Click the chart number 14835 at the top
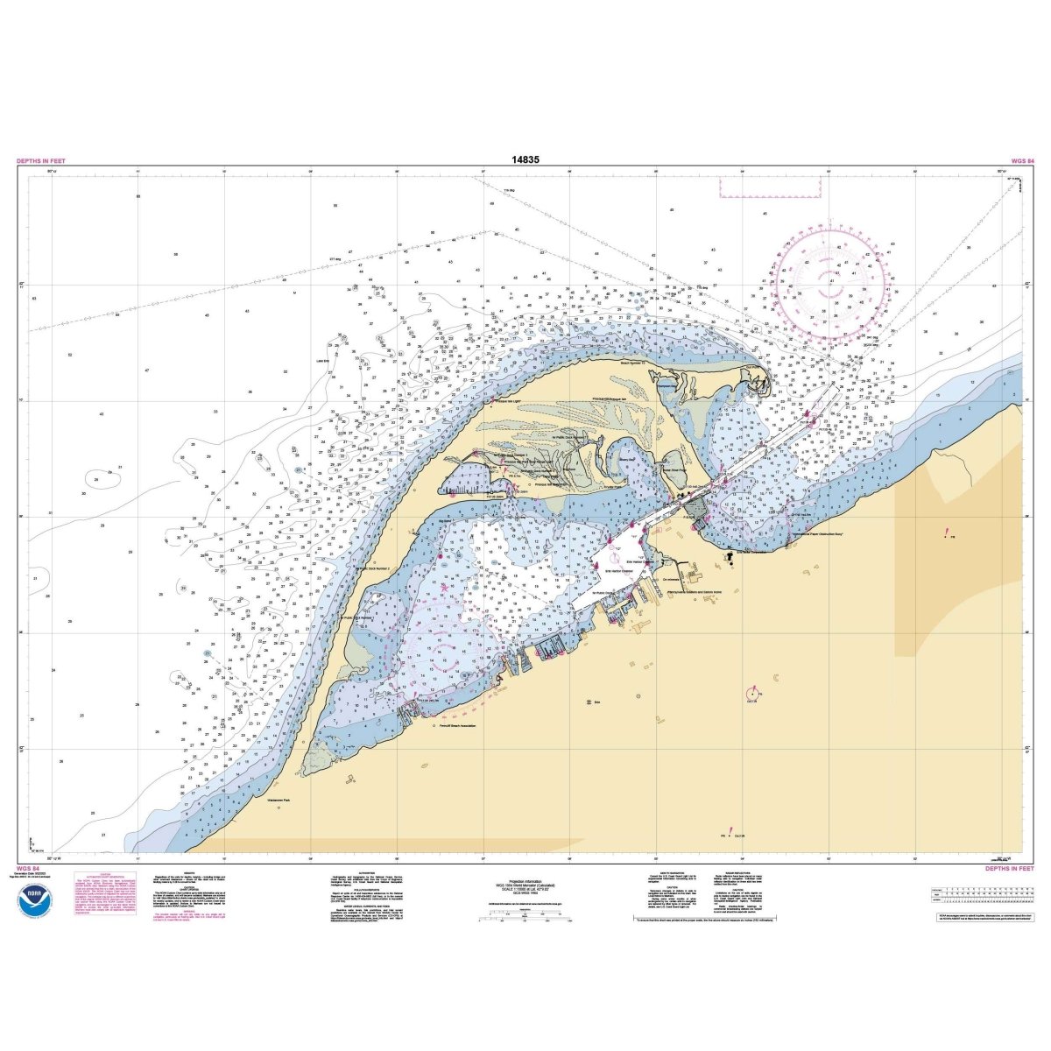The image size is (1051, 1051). pyautogui.click(x=525, y=160)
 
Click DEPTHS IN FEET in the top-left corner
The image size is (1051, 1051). pyautogui.click(x=40, y=161)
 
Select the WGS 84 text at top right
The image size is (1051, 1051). pyautogui.click(x=1023, y=161)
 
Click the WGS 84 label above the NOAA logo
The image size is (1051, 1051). pyautogui.click(x=27, y=869)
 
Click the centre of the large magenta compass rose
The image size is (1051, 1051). pyautogui.click(x=829, y=285)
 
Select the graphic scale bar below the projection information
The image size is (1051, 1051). pyautogui.click(x=525, y=919)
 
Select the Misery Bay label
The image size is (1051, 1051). pyautogui.click(x=627, y=456)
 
